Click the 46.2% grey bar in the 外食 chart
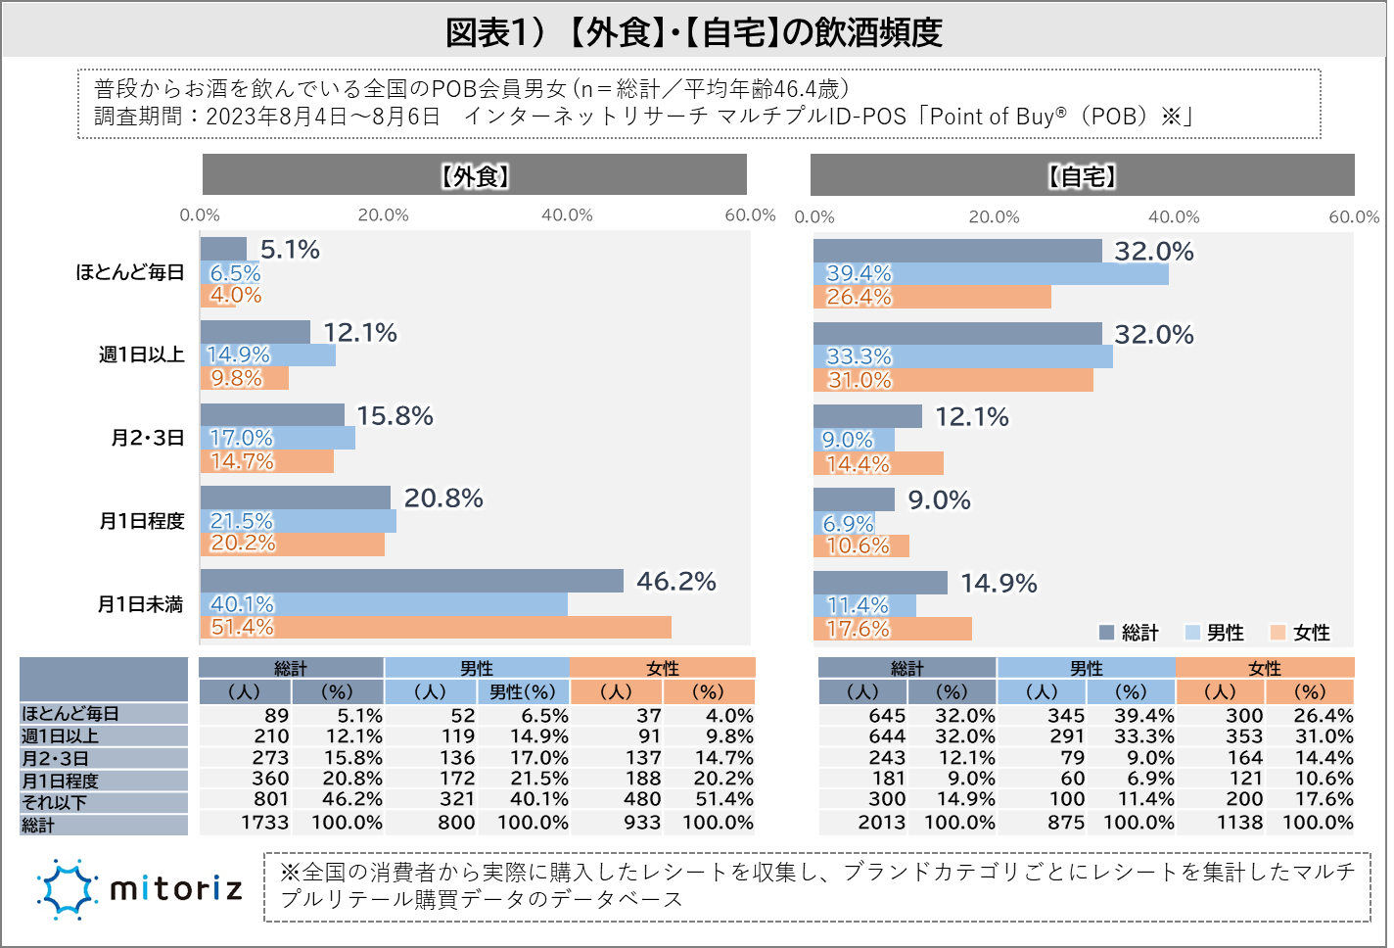[411, 581]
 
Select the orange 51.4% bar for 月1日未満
[436, 627]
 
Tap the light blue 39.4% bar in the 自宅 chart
[991, 274]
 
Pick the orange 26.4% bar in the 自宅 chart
[932, 297]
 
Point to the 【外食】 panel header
[475, 175]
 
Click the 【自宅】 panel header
[1082, 175]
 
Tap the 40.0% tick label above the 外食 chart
[567, 215]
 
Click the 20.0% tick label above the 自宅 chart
[994, 217]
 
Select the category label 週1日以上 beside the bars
[142, 355]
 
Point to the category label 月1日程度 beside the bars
[142, 521]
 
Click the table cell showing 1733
[265, 823]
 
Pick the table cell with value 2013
[882, 823]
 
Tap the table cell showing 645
[887, 716]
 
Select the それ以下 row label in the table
[56, 803]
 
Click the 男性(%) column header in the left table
[522, 692]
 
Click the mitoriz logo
[140, 889]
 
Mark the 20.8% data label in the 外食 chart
[443, 498]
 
